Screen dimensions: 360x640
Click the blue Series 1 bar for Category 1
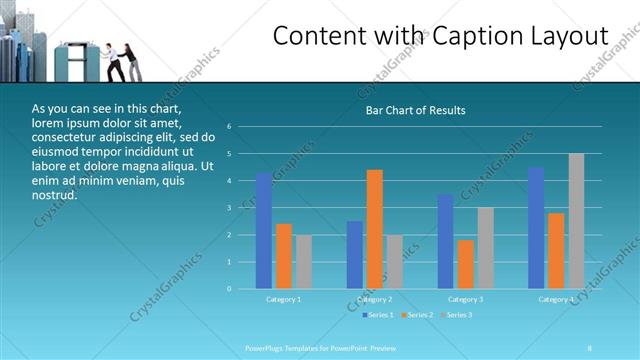[x=264, y=231]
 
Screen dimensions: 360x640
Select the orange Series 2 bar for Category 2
[x=374, y=229]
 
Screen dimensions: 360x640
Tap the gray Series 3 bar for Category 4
[x=576, y=221]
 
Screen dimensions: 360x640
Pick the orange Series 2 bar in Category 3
[x=465, y=264]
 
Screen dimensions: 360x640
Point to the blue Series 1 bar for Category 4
[x=536, y=228]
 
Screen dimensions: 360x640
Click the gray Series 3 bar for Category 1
[x=304, y=262]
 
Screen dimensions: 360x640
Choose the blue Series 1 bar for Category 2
[x=355, y=255]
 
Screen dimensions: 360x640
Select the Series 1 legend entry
[x=378, y=315]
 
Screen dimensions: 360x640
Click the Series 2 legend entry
[x=418, y=315]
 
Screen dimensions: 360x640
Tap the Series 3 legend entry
[x=457, y=315]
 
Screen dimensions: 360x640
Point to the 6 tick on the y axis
[x=230, y=127]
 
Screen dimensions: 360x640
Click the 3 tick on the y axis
[x=230, y=208]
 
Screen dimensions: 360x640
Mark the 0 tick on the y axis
[x=230, y=289]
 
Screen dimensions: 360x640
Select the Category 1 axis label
[x=283, y=299]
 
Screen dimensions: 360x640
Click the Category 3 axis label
[x=465, y=299]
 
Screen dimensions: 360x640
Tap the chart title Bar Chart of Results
[x=414, y=110]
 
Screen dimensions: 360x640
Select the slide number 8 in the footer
[x=590, y=347]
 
